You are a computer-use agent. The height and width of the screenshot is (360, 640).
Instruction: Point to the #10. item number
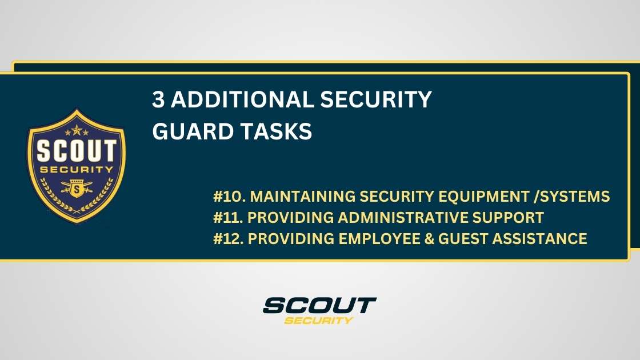pos(229,197)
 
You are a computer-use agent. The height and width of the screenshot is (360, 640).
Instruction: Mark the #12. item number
pos(229,238)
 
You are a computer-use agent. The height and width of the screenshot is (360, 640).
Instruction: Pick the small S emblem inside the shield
pos(77,187)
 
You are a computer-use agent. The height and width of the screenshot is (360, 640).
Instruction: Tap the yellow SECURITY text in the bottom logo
pos(319,320)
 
